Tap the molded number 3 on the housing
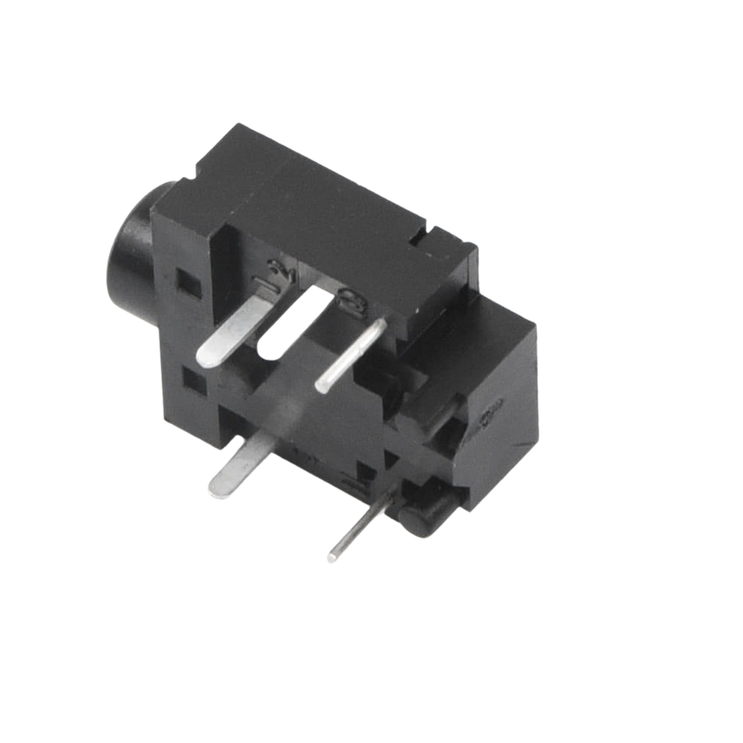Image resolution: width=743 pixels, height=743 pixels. click(x=346, y=300)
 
